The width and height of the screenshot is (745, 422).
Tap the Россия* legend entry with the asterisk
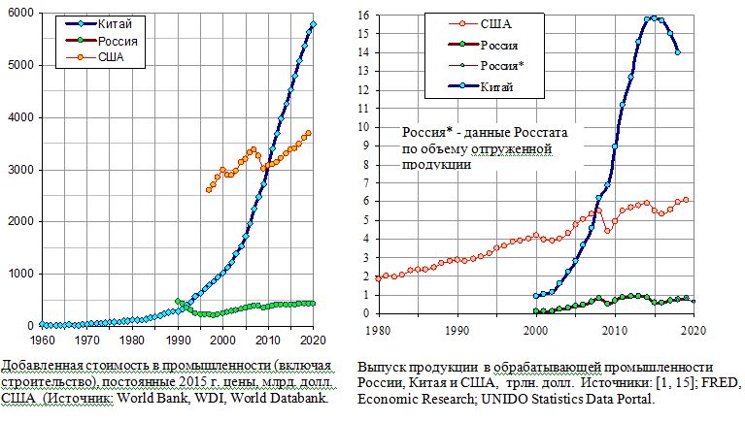coord(505,66)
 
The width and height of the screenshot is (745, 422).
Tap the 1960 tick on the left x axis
coord(42,340)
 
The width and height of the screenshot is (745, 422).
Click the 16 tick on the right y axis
coord(361,16)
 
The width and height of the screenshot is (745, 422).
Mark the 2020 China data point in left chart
coord(313,24)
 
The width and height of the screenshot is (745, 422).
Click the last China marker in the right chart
coord(677,52)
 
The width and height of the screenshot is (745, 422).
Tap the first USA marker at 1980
coord(378,278)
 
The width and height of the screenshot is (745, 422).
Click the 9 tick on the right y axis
coord(364,146)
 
